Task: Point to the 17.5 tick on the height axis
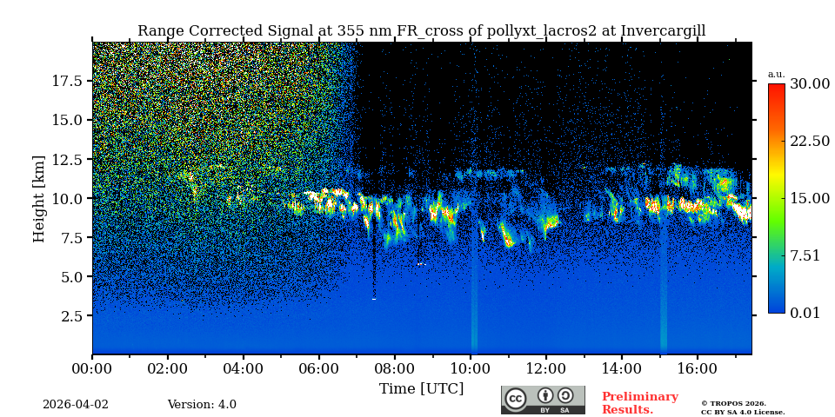point(67,81)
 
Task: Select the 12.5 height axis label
point(67,159)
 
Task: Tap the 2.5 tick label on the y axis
point(71,316)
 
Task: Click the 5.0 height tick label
point(71,277)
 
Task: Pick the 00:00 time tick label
point(92,368)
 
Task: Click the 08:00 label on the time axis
point(394,368)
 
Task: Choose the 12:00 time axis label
point(545,368)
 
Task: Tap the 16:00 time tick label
point(697,368)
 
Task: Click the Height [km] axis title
point(39,198)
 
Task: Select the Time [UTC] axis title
point(422,388)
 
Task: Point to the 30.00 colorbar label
point(810,84)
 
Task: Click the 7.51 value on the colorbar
point(805,255)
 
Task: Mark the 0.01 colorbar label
point(805,313)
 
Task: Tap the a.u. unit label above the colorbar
point(776,74)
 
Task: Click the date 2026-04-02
point(76,405)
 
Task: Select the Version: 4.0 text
point(202,405)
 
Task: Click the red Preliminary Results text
point(639,403)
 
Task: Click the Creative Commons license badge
point(543,400)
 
